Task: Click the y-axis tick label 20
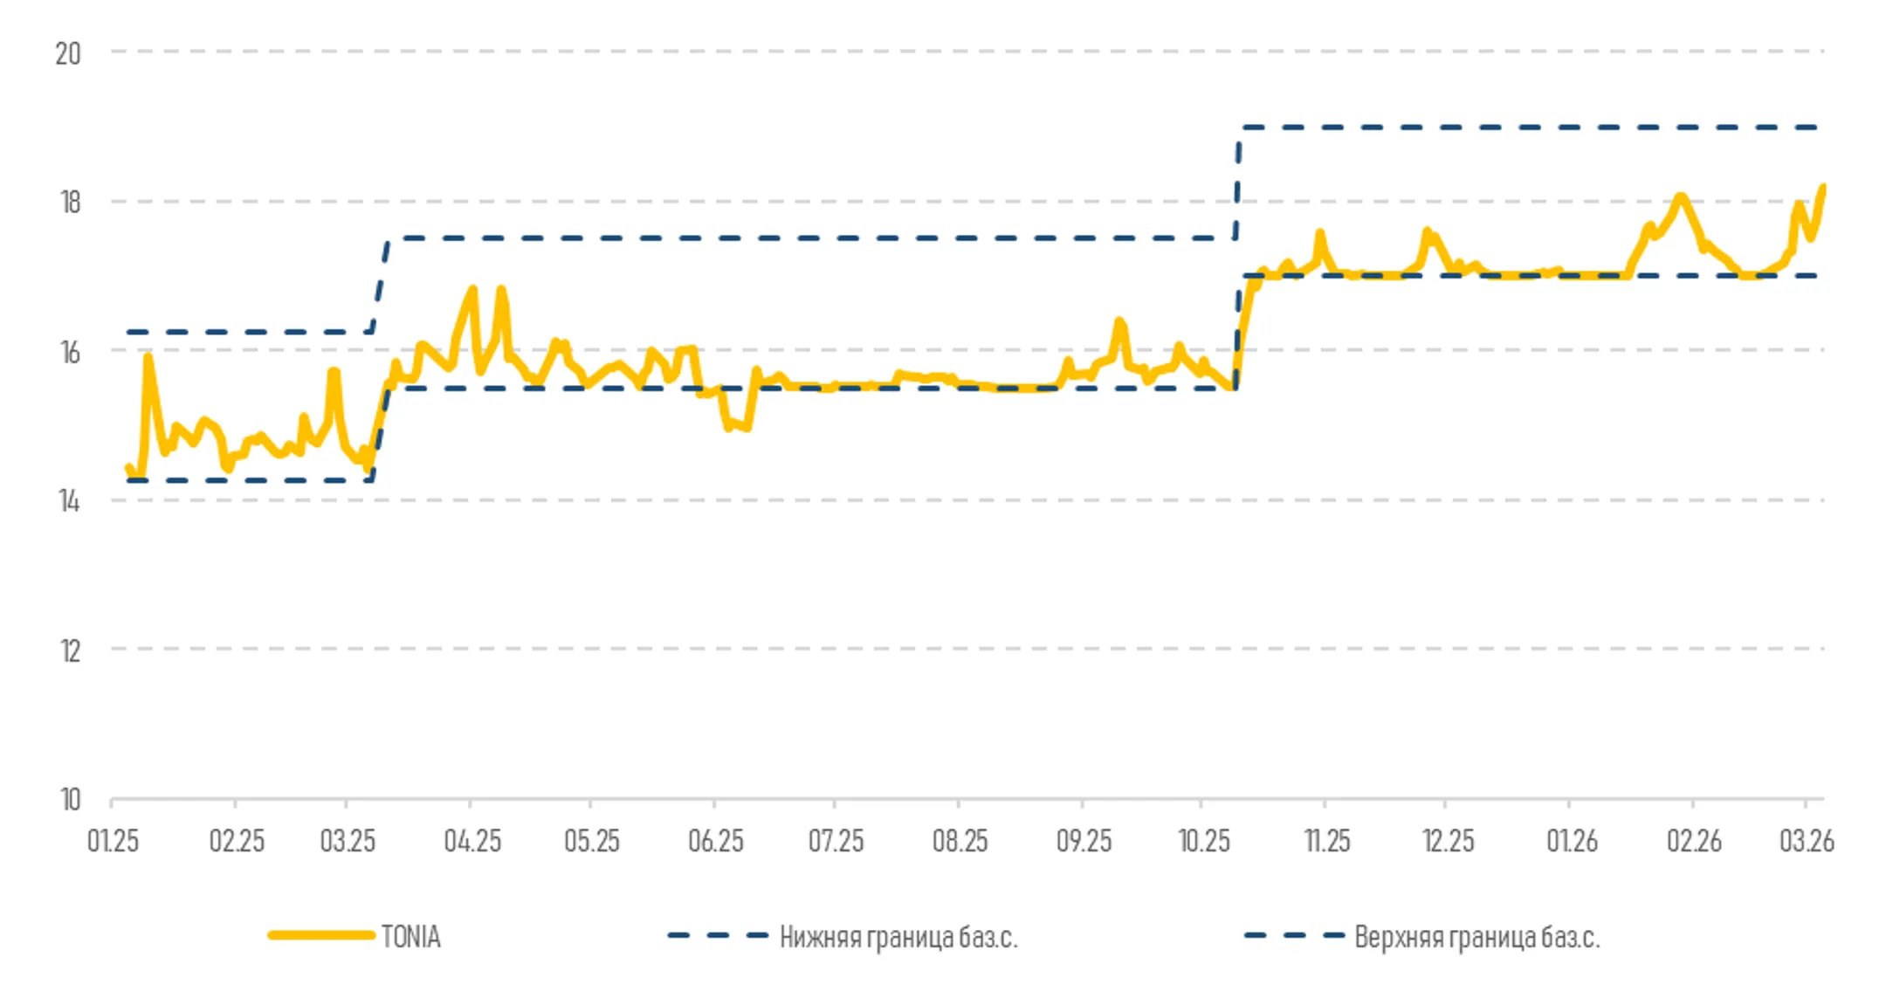click(x=68, y=54)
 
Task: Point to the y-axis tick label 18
click(x=70, y=203)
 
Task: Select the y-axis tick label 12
click(x=70, y=651)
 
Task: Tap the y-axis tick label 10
click(x=70, y=800)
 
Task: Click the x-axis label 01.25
click(x=113, y=841)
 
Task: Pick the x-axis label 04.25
click(x=472, y=841)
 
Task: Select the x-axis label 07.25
click(x=836, y=841)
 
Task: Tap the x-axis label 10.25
click(x=1203, y=841)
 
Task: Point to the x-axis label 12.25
click(x=1448, y=841)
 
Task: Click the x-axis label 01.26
click(x=1572, y=841)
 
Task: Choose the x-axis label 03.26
click(x=1807, y=841)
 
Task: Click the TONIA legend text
click(x=410, y=937)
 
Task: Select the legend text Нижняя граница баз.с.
click(x=898, y=937)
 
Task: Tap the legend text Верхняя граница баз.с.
click(x=1476, y=937)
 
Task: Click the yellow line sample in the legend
click(x=321, y=935)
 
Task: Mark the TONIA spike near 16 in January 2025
click(x=148, y=357)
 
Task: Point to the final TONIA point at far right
click(x=1822, y=188)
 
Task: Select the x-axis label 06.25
click(x=715, y=841)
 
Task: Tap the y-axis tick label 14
click(x=70, y=501)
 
